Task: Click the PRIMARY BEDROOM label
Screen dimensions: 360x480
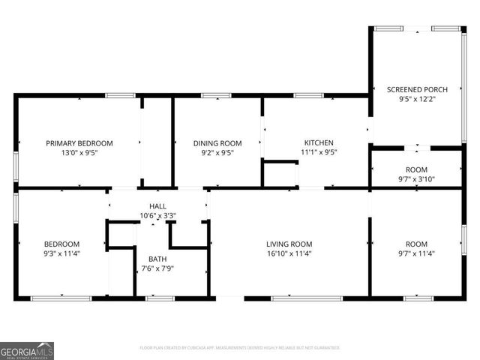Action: point(79,143)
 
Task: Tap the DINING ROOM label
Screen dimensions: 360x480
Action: point(217,143)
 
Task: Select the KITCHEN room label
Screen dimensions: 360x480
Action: point(318,142)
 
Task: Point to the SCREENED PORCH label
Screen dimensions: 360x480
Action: point(417,89)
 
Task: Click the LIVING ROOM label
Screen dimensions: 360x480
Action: point(289,244)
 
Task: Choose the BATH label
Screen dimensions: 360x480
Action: point(157,259)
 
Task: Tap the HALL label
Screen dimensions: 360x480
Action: point(158,205)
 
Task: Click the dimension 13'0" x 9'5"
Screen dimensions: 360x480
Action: point(79,153)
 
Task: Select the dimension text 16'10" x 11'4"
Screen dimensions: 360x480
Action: point(289,253)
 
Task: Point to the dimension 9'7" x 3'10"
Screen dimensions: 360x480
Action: point(416,179)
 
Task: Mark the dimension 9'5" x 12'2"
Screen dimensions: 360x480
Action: point(417,99)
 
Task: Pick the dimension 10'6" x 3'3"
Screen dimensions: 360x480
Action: point(158,215)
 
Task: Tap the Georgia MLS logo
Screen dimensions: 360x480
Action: point(27,350)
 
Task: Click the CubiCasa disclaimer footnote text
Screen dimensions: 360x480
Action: point(240,348)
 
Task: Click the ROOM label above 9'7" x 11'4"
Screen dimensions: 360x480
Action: point(416,244)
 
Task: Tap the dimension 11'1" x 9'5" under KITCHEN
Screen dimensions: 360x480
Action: point(318,152)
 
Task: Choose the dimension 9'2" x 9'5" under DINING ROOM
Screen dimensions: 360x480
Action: point(217,153)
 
